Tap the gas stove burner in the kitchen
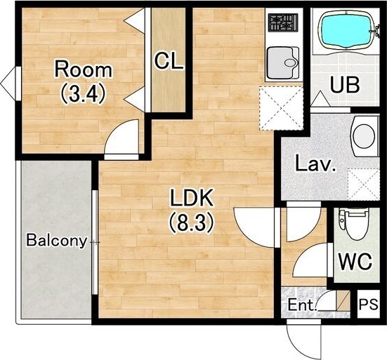click(x=283, y=22)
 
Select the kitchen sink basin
click(x=283, y=62)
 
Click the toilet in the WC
click(x=353, y=223)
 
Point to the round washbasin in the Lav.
click(x=365, y=136)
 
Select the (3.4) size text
click(x=84, y=95)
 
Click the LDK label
click(x=192, y=197)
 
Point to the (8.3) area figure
click(x=191, y=223)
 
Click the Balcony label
click(x=57, y=241)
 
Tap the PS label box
click(x=368, y=304)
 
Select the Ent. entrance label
click(x=303, y=305)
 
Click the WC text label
click(x=355, y=261)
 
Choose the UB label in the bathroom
click(x=345, y=85)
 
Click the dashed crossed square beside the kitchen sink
click(x=281, y=108)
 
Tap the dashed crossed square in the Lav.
click(x=364, y=185)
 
